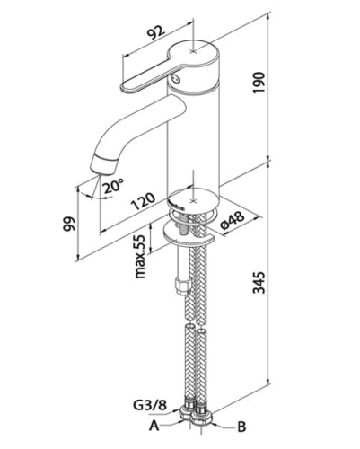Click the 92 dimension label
click(x=157, y=32)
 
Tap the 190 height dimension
click(x=259, y=83)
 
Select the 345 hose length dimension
click(x=259, y=283)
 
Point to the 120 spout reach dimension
click(x=144, y=201)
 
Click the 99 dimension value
click(x=69, y=224)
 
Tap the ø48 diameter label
click(x=233, y=221)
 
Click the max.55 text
click(x=140, y=256)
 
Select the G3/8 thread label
click(x=149, y=406)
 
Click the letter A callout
click(x=154, y=426)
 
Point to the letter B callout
click(x=241, y=427)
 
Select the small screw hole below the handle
click(x=175, y=79)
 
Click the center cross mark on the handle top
click(x=194, y=51)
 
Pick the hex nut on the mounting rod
click(x=182, y=286)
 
